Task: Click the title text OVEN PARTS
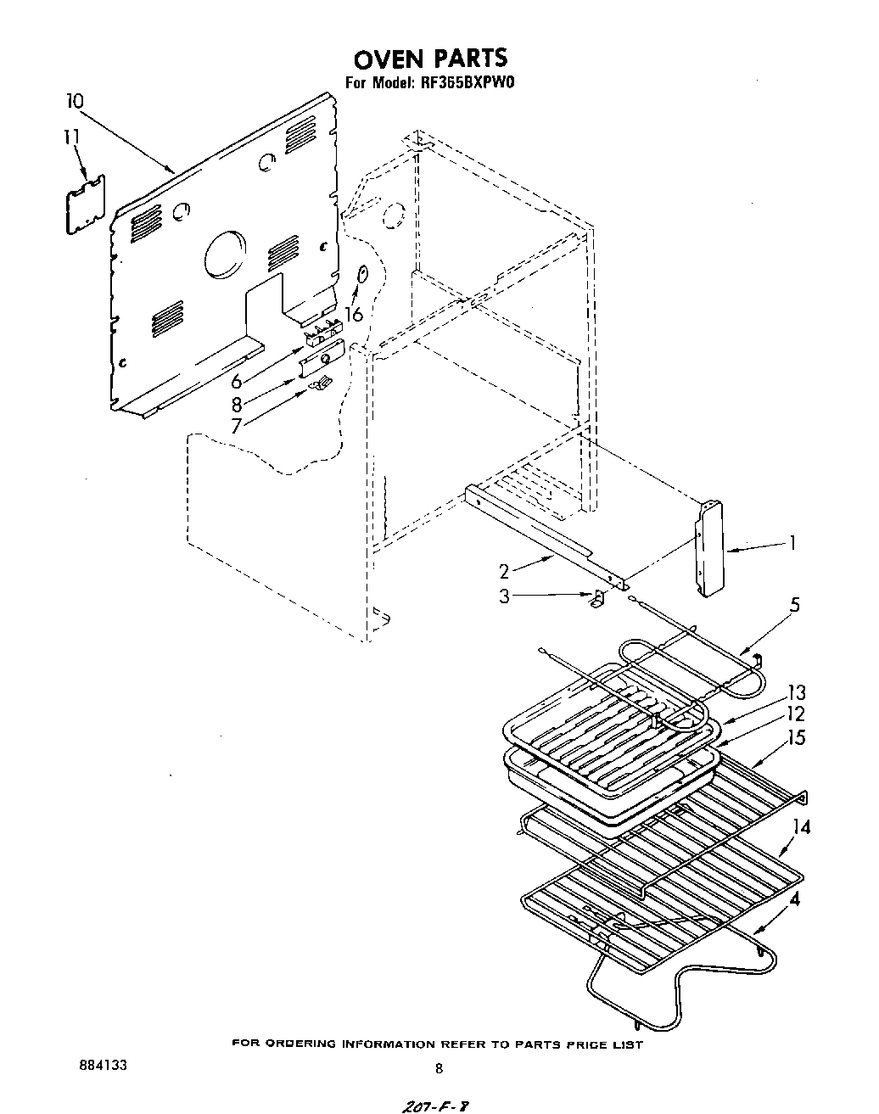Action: click(x=430, y=58)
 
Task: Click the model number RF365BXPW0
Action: click(x=467, y=83)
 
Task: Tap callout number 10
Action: click(x=75, y=102)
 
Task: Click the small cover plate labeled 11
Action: click(x=86, y=204)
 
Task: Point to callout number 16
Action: click(x=353, y=313)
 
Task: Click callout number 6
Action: click(x=237, y=381)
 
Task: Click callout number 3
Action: click(x=505, y=596)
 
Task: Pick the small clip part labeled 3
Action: click(x=598, y=601)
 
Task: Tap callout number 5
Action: click(x=795, y=605)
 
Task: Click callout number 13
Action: click(x=796, y=693)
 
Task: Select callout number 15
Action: click(x=796, y=738)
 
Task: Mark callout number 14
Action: click(x=801, y=826)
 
